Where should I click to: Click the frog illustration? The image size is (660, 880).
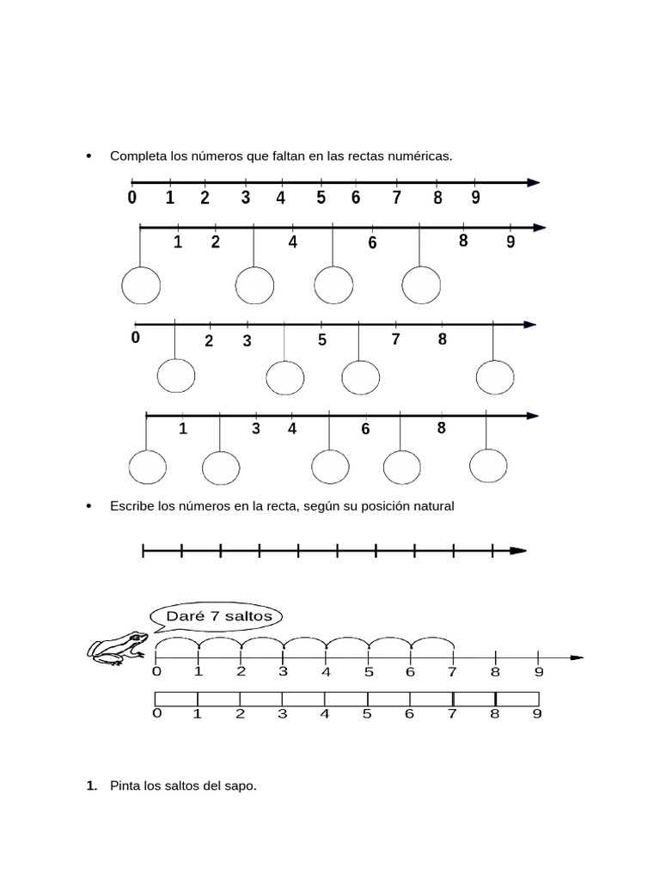117,648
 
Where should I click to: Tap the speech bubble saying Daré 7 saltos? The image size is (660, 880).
217,616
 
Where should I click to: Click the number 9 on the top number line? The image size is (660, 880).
475,198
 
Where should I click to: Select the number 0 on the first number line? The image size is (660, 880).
131,198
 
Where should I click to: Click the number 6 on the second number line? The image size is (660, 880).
372,243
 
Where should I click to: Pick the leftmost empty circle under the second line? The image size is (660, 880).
141,285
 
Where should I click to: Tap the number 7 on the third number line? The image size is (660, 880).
396,339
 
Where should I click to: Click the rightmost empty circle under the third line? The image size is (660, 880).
495,377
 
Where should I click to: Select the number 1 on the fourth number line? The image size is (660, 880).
183,429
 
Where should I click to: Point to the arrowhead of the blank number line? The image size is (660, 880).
517,551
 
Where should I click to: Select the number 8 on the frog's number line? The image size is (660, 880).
495,672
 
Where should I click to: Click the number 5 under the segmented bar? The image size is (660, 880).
367,713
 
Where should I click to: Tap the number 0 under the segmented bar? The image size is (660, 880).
156,713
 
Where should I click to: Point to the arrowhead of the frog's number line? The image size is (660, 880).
577,657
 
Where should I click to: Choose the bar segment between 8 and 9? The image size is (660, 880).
517,699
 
